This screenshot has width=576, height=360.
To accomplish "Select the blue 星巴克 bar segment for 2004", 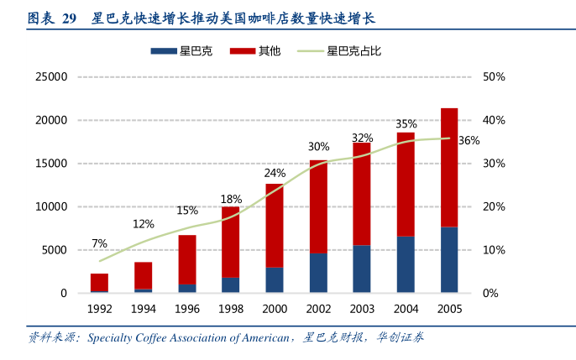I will (406, 264).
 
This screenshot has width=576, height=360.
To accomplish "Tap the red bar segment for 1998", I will (231, 242).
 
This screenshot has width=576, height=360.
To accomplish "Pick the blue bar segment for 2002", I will (318, 273).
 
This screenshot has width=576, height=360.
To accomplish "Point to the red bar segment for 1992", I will (99, 282).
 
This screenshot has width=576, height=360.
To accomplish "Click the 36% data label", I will (469, 141).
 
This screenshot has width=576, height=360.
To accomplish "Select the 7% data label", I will (99, 243).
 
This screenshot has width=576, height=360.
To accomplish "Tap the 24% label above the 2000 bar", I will (275, 174).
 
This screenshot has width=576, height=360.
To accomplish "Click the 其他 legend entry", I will (270, 51).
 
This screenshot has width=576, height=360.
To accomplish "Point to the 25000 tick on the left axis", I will (50, 77).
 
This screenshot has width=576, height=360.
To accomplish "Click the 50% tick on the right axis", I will (495, 77).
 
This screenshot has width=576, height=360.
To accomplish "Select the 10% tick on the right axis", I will (495, 250).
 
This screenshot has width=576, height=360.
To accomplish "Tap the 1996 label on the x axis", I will (186, 309).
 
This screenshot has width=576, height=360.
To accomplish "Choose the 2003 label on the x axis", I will (362, 309).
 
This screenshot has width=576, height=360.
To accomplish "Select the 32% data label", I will (362, 138).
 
